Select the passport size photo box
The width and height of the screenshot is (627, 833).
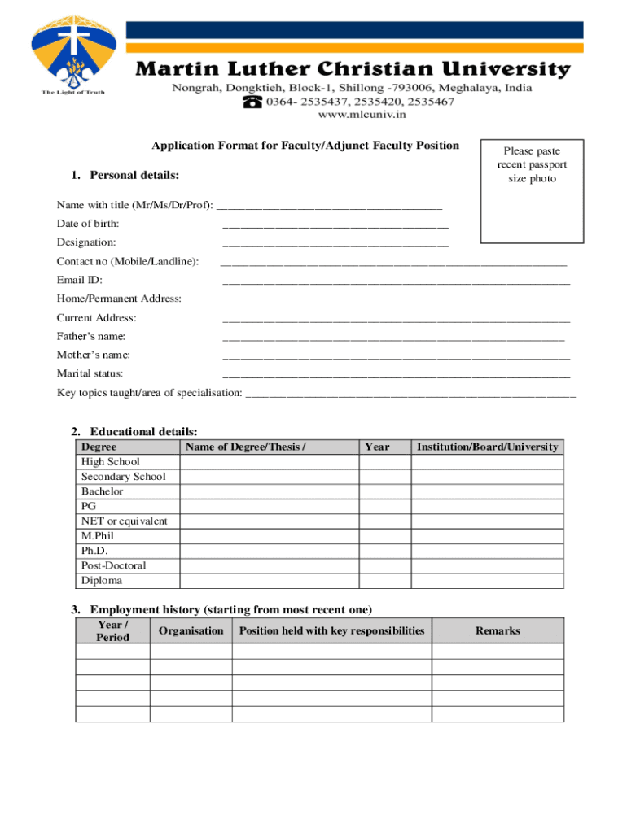point(531,190)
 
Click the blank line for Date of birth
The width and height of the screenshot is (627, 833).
point(335,225)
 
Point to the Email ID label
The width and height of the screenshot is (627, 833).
point(79,280)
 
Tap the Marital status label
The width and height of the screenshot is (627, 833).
point(90,373)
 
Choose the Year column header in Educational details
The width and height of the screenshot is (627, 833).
point(377,447)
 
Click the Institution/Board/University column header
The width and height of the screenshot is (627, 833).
point(487,447)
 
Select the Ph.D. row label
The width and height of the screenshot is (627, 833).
point(94,551)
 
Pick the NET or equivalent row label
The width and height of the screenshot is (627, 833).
point(124,521)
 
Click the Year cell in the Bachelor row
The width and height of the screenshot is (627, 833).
point(384,491)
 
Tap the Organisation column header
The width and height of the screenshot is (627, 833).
point(191,630)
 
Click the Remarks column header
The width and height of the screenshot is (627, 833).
point(498,630)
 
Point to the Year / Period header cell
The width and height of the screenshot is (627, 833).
point(112,630)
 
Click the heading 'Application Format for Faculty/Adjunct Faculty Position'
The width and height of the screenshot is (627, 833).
point(305,146)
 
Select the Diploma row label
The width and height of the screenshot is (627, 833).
point(101,580)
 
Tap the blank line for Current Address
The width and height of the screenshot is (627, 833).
point(396,319)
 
